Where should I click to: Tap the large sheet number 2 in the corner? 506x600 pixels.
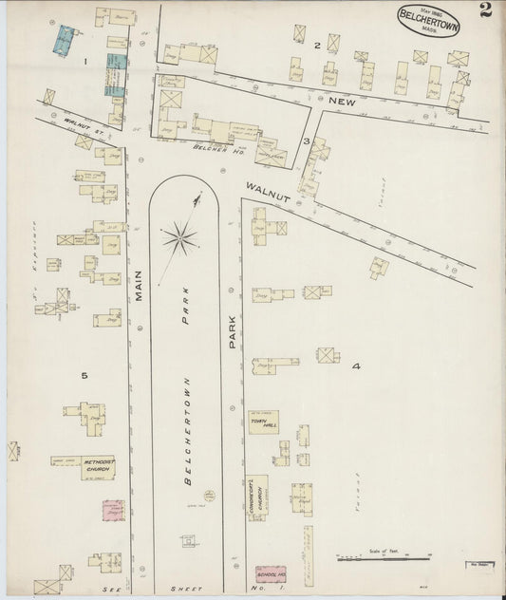pyautogui.click(x=486, y=11)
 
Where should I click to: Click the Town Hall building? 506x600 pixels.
pyautogui.click(x=264, y=422)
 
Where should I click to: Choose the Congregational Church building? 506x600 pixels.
pyautogui.click(x=256, y=497)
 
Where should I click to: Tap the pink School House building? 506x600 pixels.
pyautogui.click(x=270, y=573)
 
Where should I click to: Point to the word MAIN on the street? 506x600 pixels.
pyautogui.click(x=138, y=284)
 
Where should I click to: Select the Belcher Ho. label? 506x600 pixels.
pyautogui.click(x=208, y=148)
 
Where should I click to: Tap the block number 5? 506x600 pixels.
pyautogui.click(x=84, y=376)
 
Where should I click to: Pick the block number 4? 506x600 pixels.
pyautogui.click(x=356, y=366)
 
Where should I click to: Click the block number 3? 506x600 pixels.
pyautogui.click(x=306, y=141)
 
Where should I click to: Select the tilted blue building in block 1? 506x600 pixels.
pyautogui.click(x=65, y=40)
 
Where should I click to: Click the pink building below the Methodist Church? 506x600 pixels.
pyautogui.click(x=113, y=510)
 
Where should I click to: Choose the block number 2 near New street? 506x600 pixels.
pyautogui.click(x=317, y=45)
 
